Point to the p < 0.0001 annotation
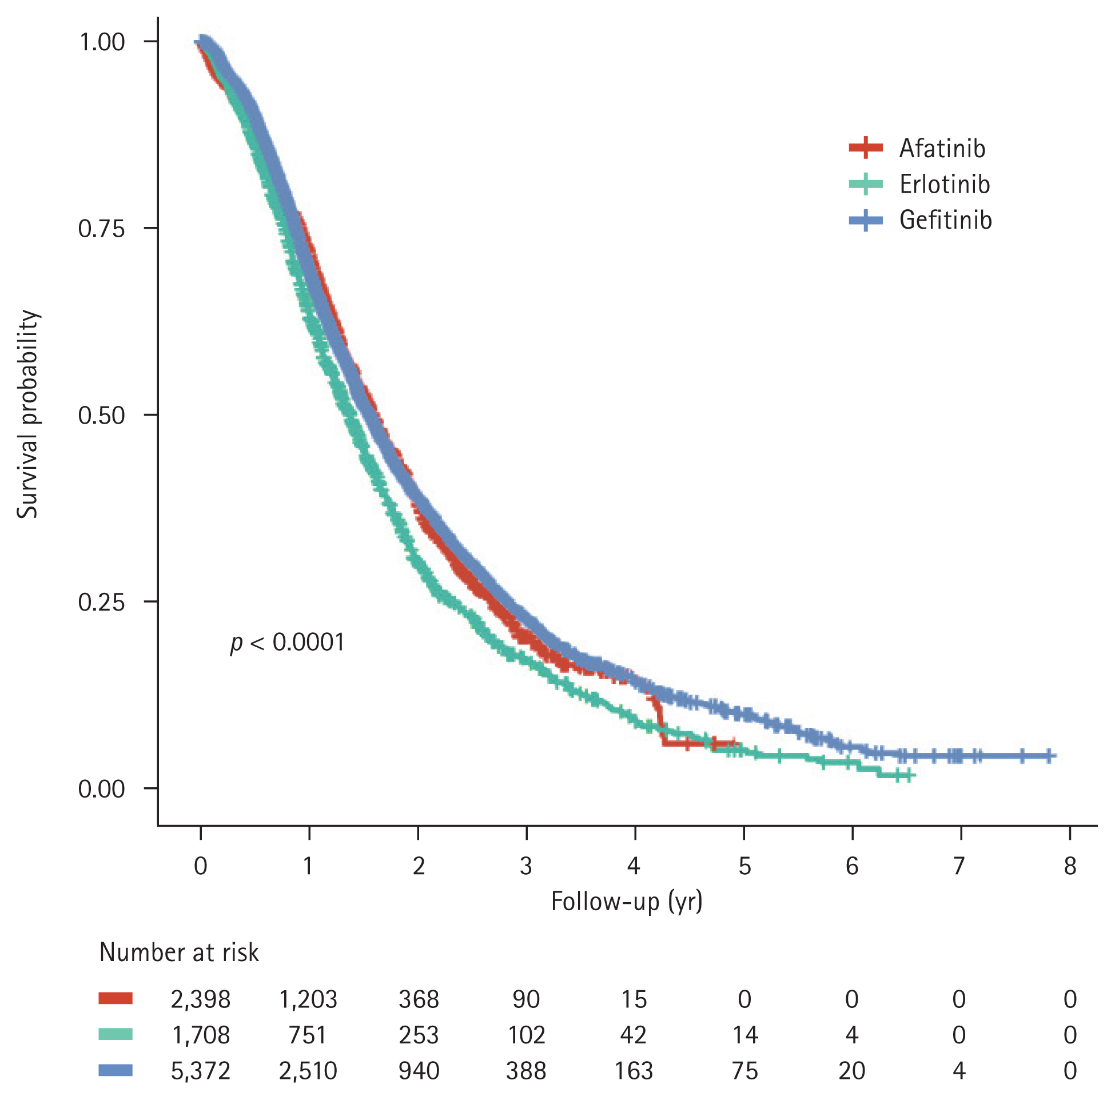(288, 643)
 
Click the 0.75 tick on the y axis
(102, 229)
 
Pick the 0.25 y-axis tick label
(102, 602)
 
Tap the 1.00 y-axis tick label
(102, 42)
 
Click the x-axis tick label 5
(744, 866)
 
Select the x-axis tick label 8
(1069, 866)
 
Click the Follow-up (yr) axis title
(627, 902)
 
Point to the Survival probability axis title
(27, 415)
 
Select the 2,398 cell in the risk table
(200, 999)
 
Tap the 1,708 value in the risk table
(200, 1035)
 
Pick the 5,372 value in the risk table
(200, 1071)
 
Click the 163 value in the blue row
(634, 1071)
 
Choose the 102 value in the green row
(526, 1035)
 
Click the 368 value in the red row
(419, 999)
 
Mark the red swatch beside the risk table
(116, 998)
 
